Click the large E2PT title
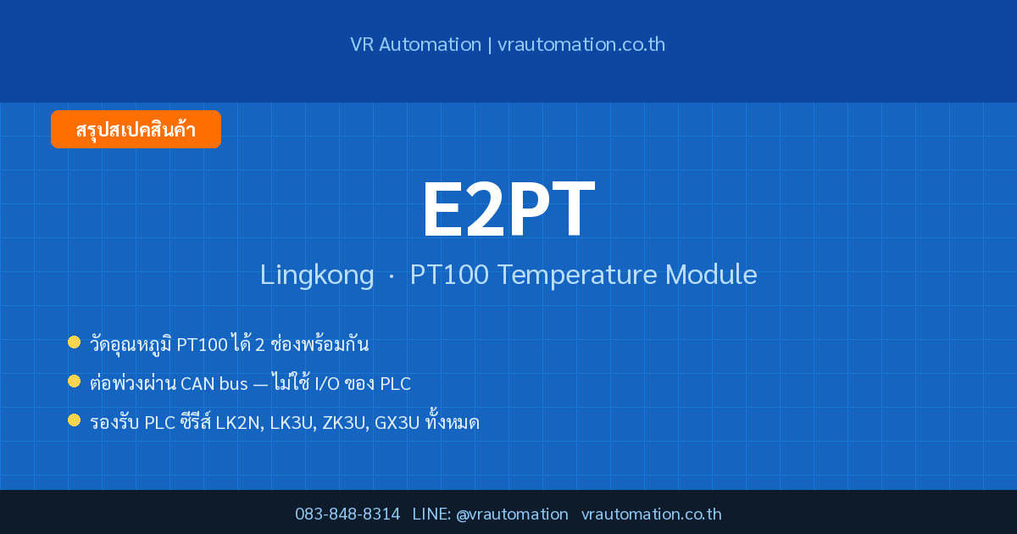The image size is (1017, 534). pyautogui.click(x=508, y=209)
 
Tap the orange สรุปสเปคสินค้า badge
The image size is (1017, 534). pyautogui.click(x=136, y=130)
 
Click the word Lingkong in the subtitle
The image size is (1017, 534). pyautogui.click(x=317, y=275)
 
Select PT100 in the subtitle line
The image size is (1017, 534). pyautogui.click(x=449, y=275)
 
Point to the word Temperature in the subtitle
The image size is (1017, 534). pyautogui.click(x=577, y=275)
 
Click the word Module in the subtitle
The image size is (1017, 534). pyautogui.click(x=711, y=275)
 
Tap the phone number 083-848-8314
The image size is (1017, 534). pyautogui.click(x=347, y=514)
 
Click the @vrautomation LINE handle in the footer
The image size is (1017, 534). pyautogui.click(x=512, y=515)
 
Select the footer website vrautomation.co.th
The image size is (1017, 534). pyautogui.click(x=652, y=514)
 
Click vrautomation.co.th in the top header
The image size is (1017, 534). pyautogui.click(x=581, y=44)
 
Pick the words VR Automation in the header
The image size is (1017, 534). pyautogui.click(x=415, y=44)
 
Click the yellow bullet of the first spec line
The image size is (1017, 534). pyautogui.click(x=74, y=342)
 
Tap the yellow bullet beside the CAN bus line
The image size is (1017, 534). pyautogui.click(x=74, y=381)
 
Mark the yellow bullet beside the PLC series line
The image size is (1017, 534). pyautogui.click(x=74, y=420)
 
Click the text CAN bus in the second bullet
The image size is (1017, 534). pyautogui.click(x=214, y=384)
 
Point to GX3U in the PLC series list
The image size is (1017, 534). pyautogui.click(x=397, y=423)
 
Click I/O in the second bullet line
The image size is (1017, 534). pyautogui.click(x=327, y=384)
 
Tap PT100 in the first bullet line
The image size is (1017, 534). pyautogui.click(x=202, y=345)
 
